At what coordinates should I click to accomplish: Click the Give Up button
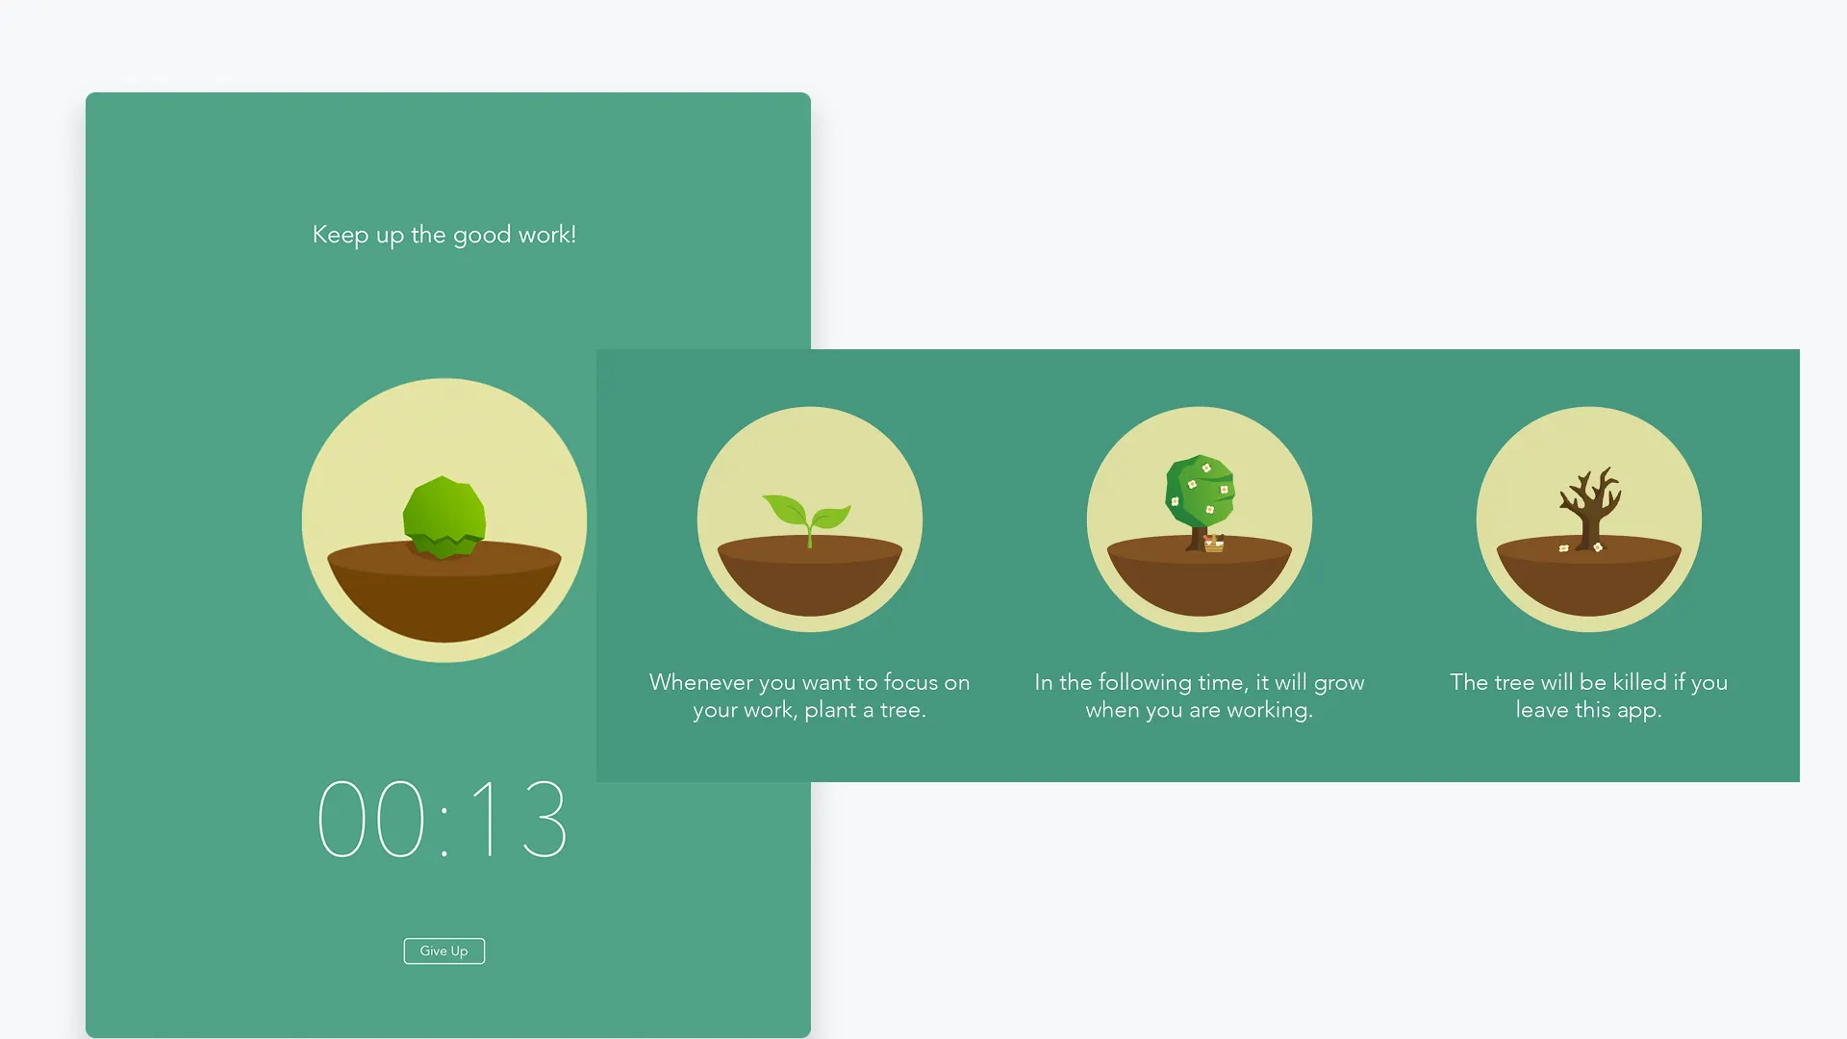pos(443,950)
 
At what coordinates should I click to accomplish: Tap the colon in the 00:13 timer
pos(444,831)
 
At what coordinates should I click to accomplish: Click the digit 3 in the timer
pos(544,819)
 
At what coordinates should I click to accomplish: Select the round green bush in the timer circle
pos(443,517)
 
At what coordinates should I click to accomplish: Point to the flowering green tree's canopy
pos(1201,492)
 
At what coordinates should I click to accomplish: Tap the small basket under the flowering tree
pos(1214,544)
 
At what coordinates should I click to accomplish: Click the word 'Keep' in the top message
pos(341,236)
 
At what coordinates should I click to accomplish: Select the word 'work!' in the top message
pos(546,234)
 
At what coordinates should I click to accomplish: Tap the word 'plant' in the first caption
pos(830,711)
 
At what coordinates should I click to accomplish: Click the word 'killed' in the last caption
pos(1639,682)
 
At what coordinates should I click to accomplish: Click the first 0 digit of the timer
pos(342,819)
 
